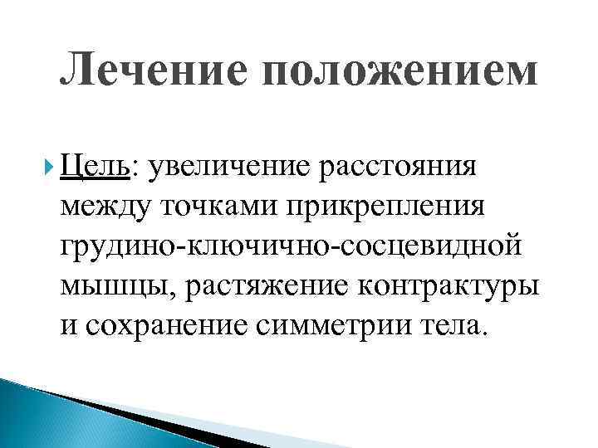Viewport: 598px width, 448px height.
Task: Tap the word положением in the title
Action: tap(398, 71)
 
